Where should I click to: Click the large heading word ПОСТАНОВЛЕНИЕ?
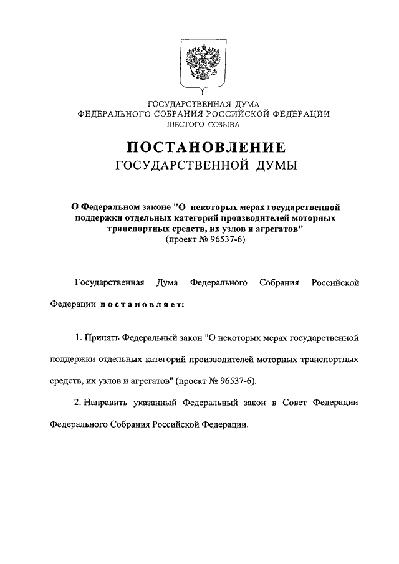point(206,148)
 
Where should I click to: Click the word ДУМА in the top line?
point(235,103)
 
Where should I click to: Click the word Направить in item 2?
point(105,403)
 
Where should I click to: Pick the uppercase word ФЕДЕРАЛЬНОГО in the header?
point(113,114)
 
